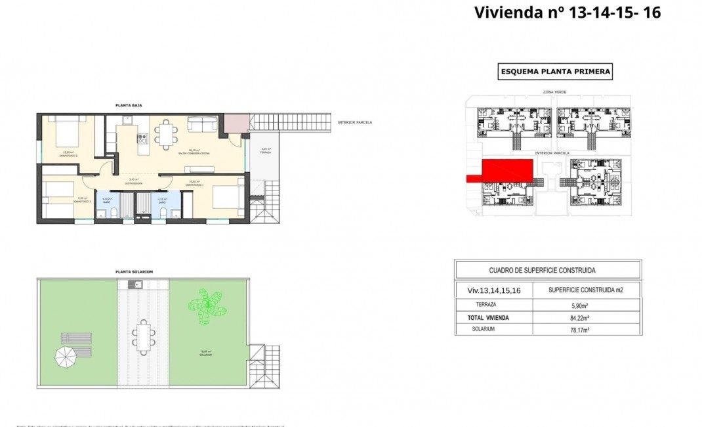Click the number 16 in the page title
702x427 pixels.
(651, 12)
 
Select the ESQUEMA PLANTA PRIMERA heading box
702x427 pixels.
(555, 72)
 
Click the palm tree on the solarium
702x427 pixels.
(207, 305)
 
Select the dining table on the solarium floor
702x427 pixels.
(143, 336)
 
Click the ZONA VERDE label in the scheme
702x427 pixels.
(554, 93)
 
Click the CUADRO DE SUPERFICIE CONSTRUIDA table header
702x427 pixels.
(547, 270)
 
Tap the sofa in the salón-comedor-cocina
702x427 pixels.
(203, 124)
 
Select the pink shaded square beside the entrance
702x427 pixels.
(237, 122)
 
